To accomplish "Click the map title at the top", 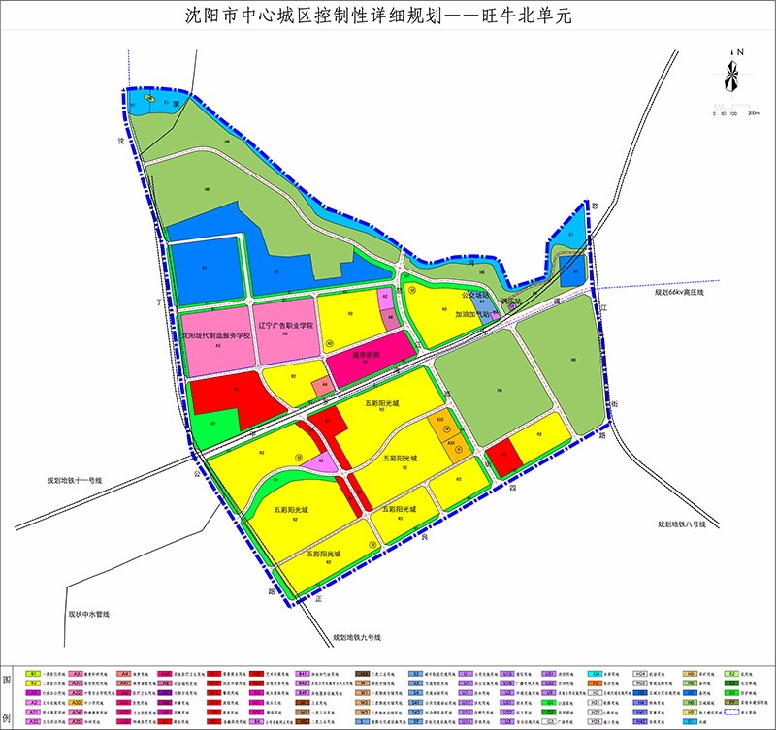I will [388, 16].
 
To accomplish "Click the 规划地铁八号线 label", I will [691, 524].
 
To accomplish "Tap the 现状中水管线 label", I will [89, 615].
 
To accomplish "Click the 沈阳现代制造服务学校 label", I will [214, 335].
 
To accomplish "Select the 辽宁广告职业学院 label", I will [286, 326].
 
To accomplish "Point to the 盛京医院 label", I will [367, 356].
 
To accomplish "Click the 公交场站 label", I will [476, 295].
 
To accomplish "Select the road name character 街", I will [614, 404].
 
